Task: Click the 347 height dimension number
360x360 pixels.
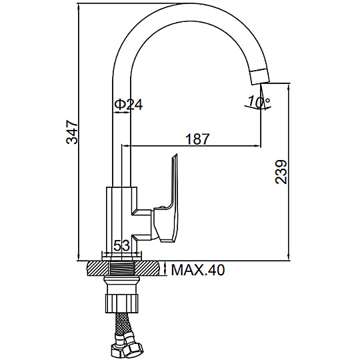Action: click(72, 131)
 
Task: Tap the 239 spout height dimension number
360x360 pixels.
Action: click(281, 172)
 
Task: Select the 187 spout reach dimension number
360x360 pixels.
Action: click(198, 139)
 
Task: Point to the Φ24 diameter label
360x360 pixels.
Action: click(129, 104)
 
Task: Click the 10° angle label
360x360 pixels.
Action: click(259, 101)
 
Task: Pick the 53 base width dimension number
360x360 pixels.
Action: click(122, 245)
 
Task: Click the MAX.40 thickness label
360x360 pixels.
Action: click(198, 270)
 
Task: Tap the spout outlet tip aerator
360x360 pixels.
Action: click(260, 77)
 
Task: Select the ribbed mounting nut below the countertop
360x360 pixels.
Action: click(122, 303)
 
